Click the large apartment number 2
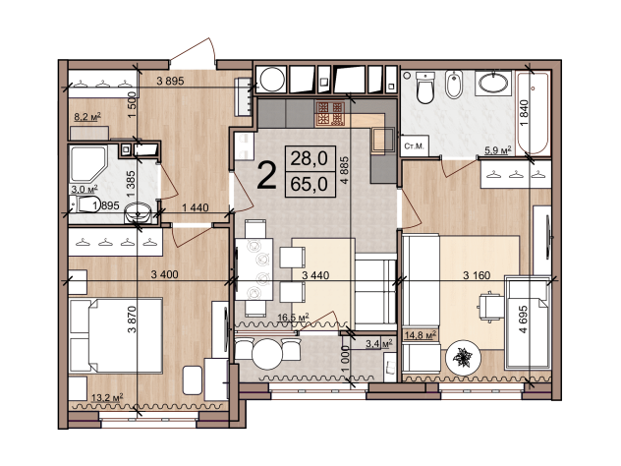266,176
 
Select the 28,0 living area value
310,158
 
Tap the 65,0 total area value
310,184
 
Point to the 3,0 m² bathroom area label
84,189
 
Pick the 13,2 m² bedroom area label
107,397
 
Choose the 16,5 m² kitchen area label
293,318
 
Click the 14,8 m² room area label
421,335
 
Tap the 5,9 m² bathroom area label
498,150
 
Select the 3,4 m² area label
379,343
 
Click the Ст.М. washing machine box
414,146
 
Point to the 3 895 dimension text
170,82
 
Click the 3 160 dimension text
477,275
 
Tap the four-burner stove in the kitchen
329,114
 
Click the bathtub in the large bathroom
534,113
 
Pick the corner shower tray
87,163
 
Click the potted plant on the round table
462,358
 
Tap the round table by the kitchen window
266,354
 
